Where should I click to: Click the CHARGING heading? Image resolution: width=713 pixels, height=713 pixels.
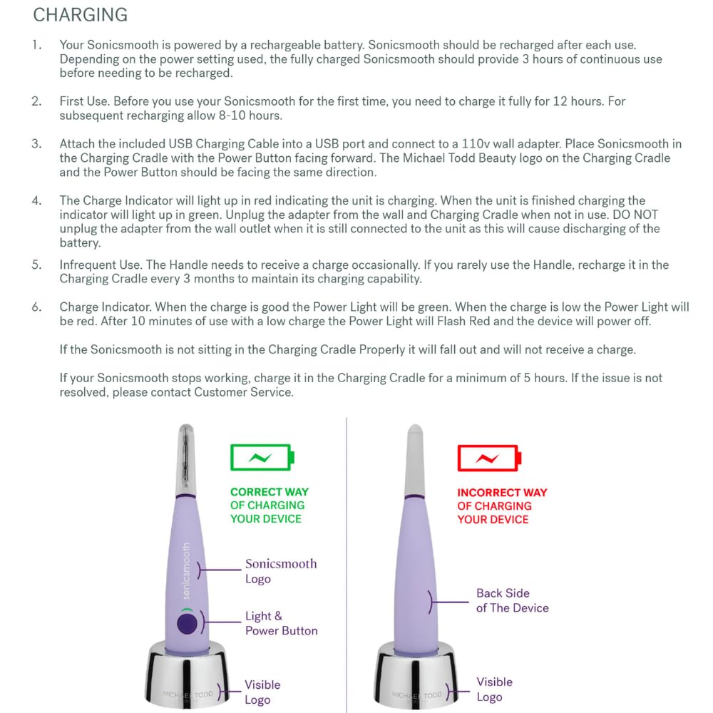coord(81,15)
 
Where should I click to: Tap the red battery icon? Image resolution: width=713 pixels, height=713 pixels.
coord(489,457)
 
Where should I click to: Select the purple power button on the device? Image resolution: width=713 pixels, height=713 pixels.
coord(187,625)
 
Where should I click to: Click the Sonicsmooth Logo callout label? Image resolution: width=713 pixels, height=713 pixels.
coord(280,571)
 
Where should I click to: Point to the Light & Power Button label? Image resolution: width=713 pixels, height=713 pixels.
coord(281,623)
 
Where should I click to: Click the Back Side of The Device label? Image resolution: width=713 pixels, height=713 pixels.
coord(512,600)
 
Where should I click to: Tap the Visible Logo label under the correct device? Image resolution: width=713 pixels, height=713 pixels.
coord(262,692)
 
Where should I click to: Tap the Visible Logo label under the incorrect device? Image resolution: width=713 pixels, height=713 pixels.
coord(494,689)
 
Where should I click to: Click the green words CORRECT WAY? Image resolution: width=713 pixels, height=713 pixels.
coord(269,492)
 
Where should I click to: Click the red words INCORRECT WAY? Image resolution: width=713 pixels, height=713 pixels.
coord(502,493)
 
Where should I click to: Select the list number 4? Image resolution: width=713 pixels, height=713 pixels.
coord(36,201)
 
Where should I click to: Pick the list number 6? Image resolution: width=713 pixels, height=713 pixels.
coord(36,307)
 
